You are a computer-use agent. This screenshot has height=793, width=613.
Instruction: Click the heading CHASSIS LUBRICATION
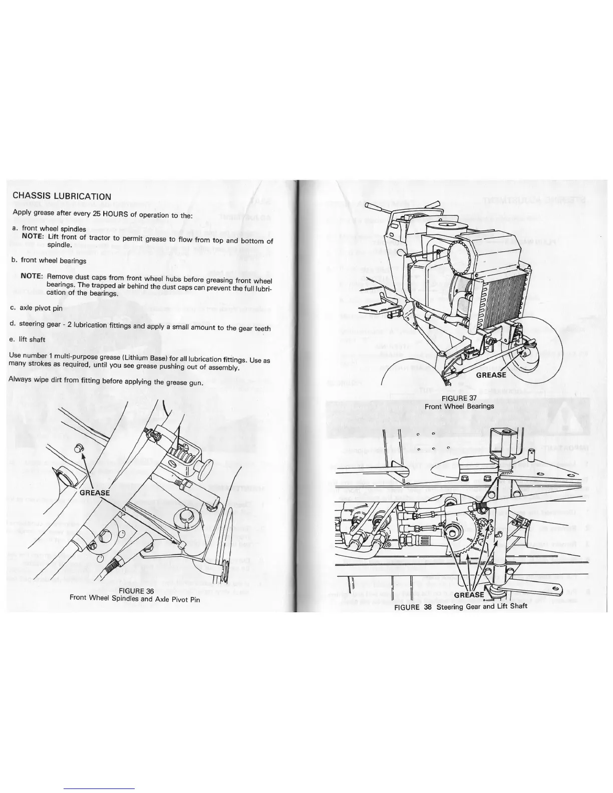62,196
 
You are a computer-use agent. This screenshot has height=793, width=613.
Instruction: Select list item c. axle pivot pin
37,308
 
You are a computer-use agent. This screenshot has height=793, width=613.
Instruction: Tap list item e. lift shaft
28,339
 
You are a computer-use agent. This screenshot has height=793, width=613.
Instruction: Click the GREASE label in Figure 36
95,493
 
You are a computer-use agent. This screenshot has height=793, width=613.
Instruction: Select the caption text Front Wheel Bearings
459,406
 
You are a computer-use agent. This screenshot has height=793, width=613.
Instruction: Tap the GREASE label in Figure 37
491,375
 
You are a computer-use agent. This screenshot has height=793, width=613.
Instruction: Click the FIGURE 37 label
459,398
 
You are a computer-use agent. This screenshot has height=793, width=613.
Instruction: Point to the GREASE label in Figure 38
469,595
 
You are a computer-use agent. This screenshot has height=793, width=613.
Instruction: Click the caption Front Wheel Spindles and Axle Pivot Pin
135,598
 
